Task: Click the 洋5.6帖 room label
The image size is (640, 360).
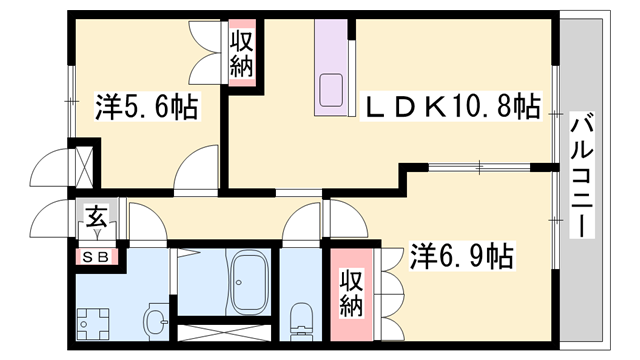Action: click(146, 105)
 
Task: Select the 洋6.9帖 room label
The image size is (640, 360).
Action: click(461, 257)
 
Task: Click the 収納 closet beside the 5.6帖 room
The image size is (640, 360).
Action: click(242, 54)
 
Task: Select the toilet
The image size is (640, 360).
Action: click(299, 318)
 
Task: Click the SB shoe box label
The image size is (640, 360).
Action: click(100, 257)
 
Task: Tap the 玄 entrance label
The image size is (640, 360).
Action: click(97, 216)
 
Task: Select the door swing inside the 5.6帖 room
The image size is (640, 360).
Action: click(197, 166)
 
